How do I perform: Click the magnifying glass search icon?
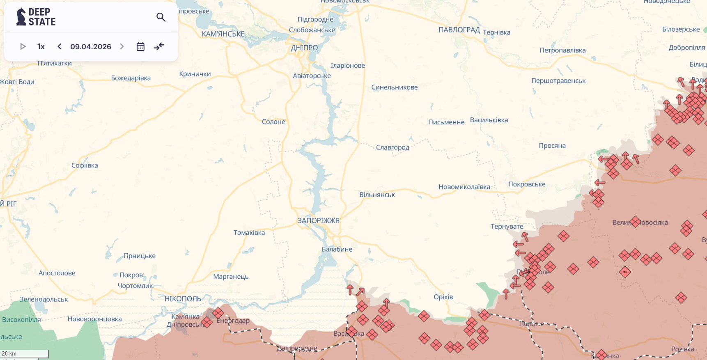click(x=161, y=17)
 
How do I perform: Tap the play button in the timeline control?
click(x=23, y=46)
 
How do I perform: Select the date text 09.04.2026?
click(x=91, y=46)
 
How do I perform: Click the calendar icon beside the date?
click(x=140, y=46)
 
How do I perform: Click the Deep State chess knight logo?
click(x=21, y=17)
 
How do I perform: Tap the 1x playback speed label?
click(x=41, y=46)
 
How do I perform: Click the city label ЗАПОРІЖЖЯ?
click(x=318, y=220)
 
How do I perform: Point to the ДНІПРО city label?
click(x=304, y=48)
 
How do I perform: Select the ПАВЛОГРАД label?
click(x=459, y=30)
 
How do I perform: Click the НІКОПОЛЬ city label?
click(x=183, y=299)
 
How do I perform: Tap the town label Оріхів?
click(x=443, y=297)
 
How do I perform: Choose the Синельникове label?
click(x=394, y=87)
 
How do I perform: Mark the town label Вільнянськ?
click(x=377, y=195)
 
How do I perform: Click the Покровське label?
click(x=527, y=184)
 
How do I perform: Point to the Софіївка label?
click(x=85, y=165)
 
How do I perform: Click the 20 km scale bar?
click(x=24, y=353)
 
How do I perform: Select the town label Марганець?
click(x=231, y=277)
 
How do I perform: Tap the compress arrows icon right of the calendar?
click(x=159, y=46)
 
